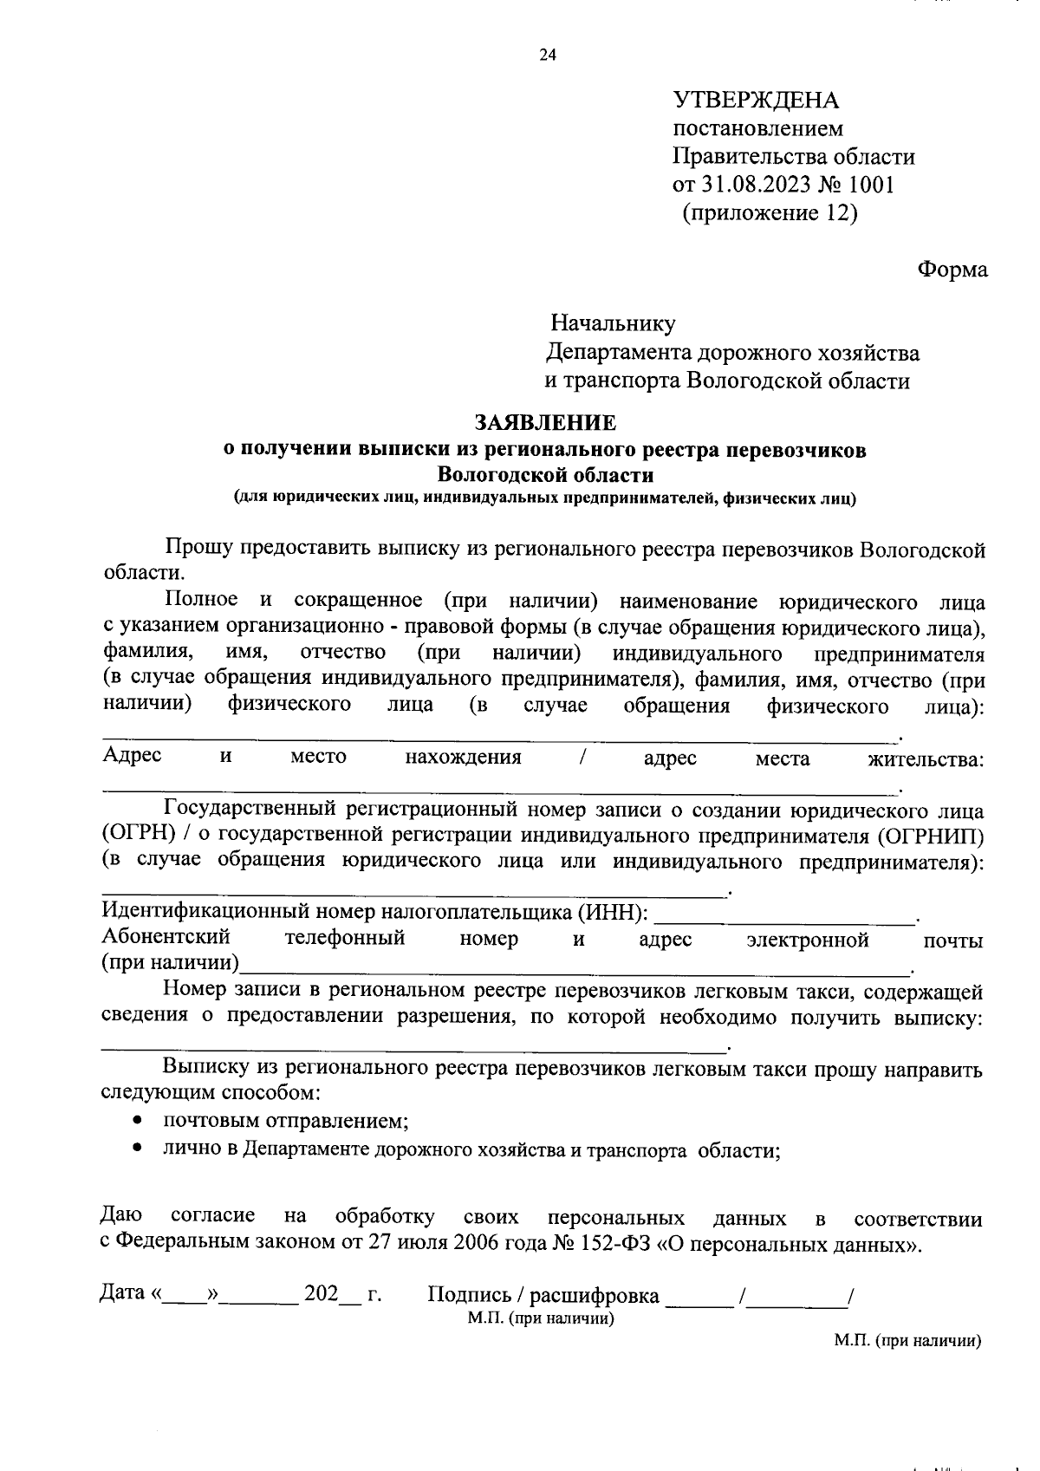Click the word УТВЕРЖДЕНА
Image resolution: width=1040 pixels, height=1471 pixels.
pos(756,101)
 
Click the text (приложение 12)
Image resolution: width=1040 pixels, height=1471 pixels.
pos(770,213)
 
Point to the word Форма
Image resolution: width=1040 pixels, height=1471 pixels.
pos(952,270)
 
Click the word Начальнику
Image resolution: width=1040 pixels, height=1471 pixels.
pos(613,324)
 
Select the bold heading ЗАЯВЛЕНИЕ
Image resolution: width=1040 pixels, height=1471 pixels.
pos(545,423)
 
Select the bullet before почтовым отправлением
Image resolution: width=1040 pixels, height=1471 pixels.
pos(138,1120)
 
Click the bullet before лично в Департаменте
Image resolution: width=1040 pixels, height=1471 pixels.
pos(138,1149)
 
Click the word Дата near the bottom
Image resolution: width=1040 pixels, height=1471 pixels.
pos(122,1293)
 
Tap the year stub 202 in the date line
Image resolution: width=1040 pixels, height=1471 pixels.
pos(319,1294)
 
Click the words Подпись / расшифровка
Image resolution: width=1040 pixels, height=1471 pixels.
pos(543,1296)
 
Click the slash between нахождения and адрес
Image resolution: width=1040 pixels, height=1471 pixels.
pos(583,758)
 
